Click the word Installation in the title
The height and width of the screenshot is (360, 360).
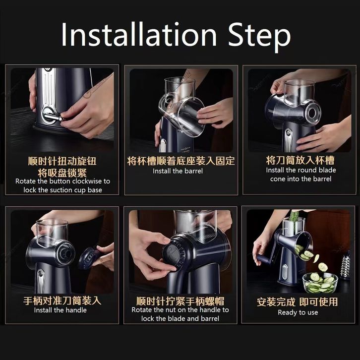point(139,34)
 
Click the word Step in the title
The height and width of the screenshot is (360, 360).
point(259,36)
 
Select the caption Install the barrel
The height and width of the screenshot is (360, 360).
point(178,171)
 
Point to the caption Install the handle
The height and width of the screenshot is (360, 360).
point(60,310)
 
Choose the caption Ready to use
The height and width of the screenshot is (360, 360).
point(298,312)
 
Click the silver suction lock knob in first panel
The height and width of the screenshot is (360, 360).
point(53,118)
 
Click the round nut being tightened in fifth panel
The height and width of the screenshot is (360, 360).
point(172,253)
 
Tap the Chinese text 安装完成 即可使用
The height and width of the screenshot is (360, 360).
point(298,302)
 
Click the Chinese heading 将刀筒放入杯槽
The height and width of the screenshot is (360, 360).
point(300,160)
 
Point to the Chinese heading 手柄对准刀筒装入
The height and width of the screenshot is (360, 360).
point(62,300)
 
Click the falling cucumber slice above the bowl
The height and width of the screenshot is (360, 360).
point(323,267)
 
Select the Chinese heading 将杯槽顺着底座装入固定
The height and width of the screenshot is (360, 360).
point(181,161)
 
